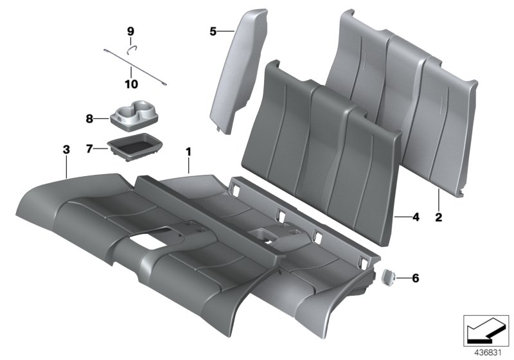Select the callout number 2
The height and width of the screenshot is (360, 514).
click(439, 217)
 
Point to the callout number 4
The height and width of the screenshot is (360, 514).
click(416, 217)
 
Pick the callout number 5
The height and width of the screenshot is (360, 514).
click(213, 30)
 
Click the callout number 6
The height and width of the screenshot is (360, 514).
click(415, 278)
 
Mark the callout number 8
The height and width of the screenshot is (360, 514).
click(89, 118)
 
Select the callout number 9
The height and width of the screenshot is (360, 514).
click(130, 31)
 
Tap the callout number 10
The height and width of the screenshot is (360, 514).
click(130, 84)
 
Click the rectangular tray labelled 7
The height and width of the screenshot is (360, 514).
click(136, 143)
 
